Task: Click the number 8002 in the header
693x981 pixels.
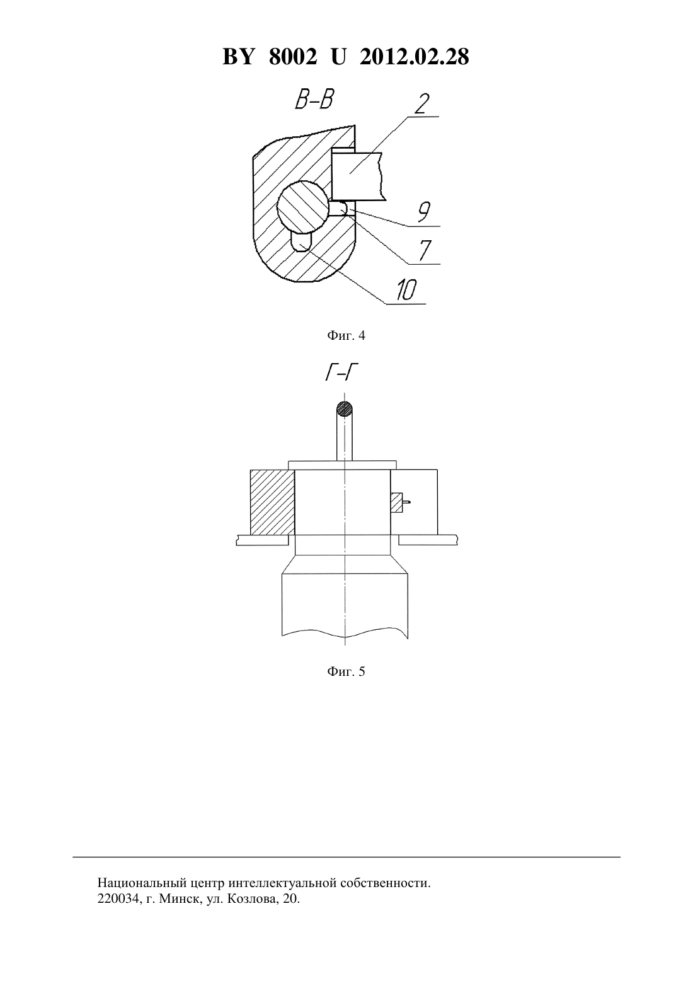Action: coord(293,57)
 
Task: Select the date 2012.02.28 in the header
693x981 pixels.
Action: coord(415,57)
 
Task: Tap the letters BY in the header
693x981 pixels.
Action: coord(238,57)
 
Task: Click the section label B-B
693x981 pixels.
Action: coord(314,100)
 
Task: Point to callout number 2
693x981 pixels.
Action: coord(421,104)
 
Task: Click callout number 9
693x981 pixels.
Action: coord(423,213)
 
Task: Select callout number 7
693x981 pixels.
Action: coord(424,250)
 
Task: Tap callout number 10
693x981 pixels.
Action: coord(406,290)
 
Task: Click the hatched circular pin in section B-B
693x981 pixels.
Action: coord(302,208)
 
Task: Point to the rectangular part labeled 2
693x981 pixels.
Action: coord(357,177)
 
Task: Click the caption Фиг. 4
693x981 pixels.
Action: coord(346,336)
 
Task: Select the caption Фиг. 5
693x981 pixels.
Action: coord(346,671)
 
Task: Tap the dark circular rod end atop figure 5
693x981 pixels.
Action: coord(345,409)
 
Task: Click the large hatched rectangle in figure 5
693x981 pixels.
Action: coord(272,502)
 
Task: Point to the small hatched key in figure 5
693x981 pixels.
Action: coord(397,502)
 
